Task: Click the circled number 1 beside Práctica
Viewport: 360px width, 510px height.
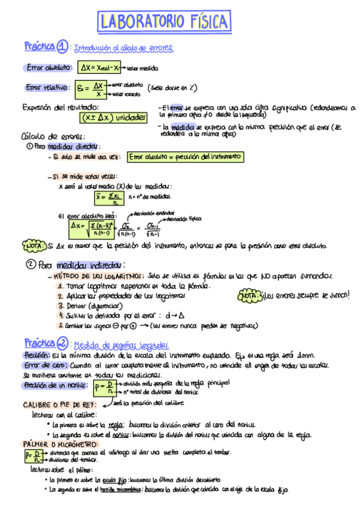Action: pyautogui.click(x=64, y=46)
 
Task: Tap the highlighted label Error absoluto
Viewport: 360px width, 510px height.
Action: pyautogui.click(x=50, y=68)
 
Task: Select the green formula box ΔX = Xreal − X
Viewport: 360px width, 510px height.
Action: pyautogui.click(x=100, y=68)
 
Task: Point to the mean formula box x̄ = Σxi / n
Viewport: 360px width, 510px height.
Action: pyautogui.click(x=109, y=197)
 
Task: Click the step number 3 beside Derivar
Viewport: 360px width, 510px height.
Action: pyautogui.click(x=61, y=306)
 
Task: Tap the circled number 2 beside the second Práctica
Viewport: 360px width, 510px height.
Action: pyautogui.click(x=63, y=343)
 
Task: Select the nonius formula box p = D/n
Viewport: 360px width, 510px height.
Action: pyautogui.click(x=103, y=387)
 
